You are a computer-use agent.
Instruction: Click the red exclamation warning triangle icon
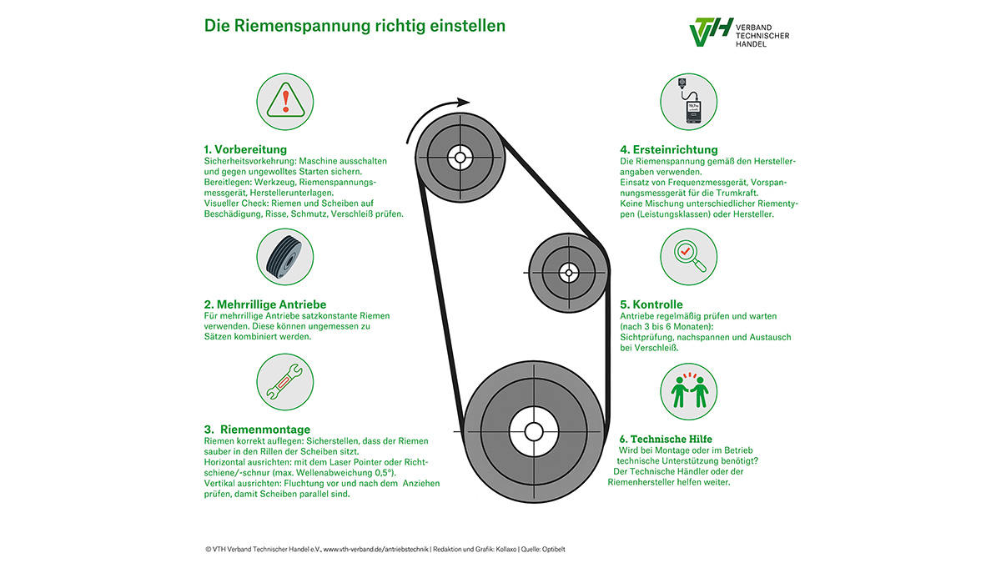pyautogui.click(x=285, y=102)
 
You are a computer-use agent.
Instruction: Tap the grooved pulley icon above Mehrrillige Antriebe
pyautogui.click(x=285, y=257)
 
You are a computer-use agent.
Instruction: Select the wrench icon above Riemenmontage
pyautogui.click(x=285, y=382)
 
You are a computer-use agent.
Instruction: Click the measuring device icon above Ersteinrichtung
pyautogui.click(x=689, y=102)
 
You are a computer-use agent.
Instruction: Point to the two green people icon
pyautogui.click(x=689, y=391)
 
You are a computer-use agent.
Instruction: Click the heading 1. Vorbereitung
pyautogui.click(x=245, y=149)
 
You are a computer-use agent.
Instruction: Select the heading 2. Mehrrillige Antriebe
pyautogui.click(x=265, y=304)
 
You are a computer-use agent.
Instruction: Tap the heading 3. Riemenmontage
pyautogui.click(x=257, y=430)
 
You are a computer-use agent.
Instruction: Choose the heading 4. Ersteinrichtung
pyautogui.click(x=668, y=149)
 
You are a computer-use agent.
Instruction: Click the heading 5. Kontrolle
pyautogui.click(x=651, y=304)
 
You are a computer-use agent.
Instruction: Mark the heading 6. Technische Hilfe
pyautogui.click(x=666, y=439)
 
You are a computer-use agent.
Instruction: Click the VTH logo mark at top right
pyautogui.click(x=711, y=32)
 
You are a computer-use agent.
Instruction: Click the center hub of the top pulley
pyautogui.click(x=460, y=158)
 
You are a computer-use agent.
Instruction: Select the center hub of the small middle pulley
pyautogui.click(x=568, y=273)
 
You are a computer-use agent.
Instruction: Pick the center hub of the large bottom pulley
pyautogui.click(x=534, y=432)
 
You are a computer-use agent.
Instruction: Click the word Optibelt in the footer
pyautogui.click(x=554, y=550)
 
